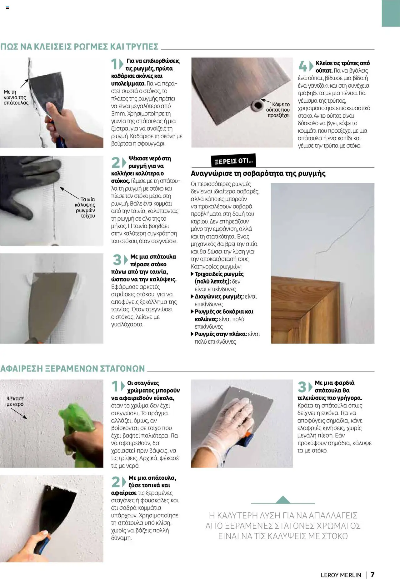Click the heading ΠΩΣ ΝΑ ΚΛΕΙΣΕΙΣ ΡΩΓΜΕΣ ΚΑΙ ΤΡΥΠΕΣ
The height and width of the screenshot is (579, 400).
point(79,47)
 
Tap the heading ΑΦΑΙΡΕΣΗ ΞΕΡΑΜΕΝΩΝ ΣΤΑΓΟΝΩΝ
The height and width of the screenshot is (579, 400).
point(72,368)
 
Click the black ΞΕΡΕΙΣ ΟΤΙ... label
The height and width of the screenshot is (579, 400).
point(233,161)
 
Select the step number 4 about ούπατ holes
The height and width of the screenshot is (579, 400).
point(302,66)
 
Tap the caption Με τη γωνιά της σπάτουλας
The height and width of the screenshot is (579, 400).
point(16,97)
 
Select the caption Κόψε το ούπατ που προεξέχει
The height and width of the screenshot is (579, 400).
point(278,110)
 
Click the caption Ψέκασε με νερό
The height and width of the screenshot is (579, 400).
point(15,401)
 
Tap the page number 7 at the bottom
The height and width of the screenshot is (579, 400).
point(372,575)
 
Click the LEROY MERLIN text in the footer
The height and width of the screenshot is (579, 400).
point(341,575)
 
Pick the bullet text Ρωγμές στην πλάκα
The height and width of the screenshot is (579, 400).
point(221,334)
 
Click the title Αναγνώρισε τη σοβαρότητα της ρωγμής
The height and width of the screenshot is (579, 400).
point(258,173)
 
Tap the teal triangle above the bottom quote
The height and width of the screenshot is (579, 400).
point(283,500)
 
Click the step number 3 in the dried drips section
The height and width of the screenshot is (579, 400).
point(302,387)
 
